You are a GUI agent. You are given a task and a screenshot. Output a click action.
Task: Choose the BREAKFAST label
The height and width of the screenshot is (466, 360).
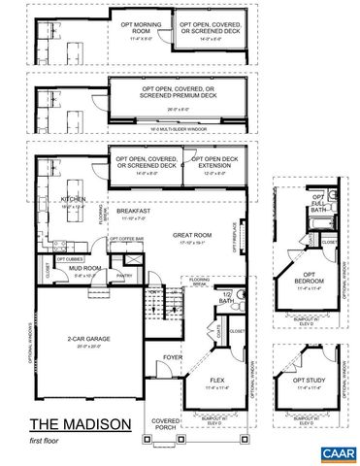coord(132,211)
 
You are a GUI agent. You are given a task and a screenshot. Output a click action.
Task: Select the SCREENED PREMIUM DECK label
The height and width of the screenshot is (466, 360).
coord(184,92)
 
